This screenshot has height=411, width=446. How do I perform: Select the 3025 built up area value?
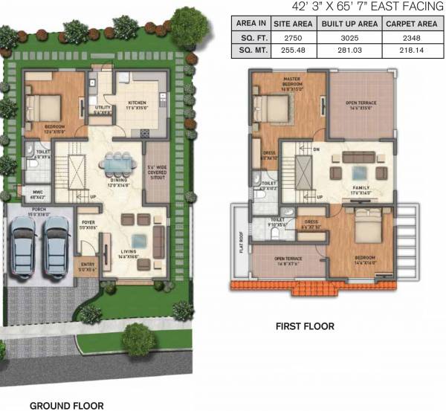point(347,37)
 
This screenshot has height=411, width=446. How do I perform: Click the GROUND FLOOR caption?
point(65,406)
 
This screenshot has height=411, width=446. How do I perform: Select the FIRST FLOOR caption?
point(305,326)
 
